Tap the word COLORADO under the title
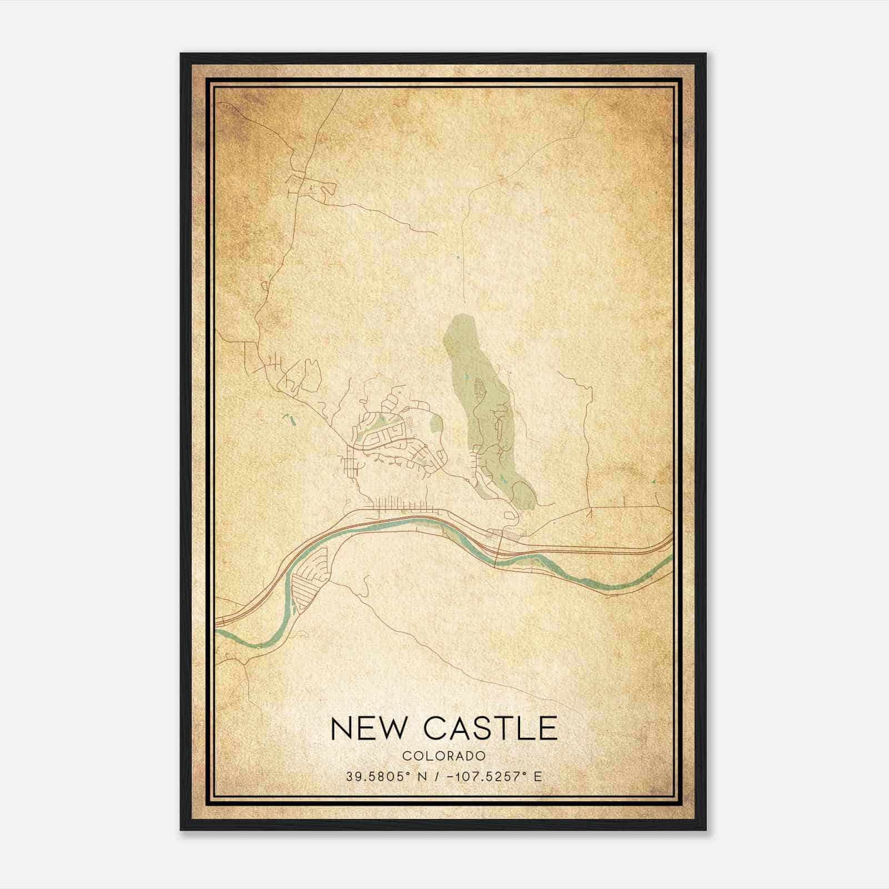[x=444, y=756]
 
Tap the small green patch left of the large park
[x=436, y=426]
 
